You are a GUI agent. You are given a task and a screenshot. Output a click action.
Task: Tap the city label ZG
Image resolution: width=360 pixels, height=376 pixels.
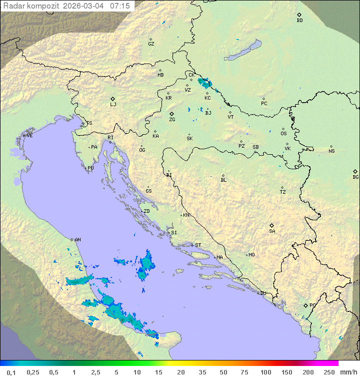(x=172, y=120)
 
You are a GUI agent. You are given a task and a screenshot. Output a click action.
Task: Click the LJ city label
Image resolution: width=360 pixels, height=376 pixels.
(x=113, y=105)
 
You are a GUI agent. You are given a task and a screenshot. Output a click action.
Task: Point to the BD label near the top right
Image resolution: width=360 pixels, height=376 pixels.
(x=299, y=21)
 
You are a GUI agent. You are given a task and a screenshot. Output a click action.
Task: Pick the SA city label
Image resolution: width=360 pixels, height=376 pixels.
(x=272, y=231)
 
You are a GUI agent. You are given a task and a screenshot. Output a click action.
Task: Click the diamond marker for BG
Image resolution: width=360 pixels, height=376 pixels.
(x=355, y=171)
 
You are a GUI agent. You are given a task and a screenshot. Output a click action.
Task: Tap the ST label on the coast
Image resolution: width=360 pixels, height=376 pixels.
(x=198, y=245)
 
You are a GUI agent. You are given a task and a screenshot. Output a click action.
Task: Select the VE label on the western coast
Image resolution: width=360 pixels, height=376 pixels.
(x=29, y=136)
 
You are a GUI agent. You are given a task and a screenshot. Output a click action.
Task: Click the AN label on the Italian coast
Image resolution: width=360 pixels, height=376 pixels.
(x=77, y=240)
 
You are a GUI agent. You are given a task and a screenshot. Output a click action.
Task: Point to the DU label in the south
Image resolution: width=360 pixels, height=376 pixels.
(x=262, y=293)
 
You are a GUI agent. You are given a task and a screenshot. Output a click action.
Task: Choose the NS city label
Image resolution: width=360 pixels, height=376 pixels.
(x=331, y=151)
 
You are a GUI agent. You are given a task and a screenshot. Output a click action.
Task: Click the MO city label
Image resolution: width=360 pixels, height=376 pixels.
(x=251, y=255)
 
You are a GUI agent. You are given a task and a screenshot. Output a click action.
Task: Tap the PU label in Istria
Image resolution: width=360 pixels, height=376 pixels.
(x=90, y=168)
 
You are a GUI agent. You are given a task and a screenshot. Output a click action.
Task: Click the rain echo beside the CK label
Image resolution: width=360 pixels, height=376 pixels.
(x=204, y=83)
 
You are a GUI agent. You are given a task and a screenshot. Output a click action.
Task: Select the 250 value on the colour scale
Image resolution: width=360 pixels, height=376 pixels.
(x=328, y=372)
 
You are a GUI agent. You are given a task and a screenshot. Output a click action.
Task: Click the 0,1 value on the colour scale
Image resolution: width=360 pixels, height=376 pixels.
(x=11, y=372)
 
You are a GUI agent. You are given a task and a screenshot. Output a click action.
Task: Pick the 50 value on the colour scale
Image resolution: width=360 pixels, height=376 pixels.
(x=222, y=372)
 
